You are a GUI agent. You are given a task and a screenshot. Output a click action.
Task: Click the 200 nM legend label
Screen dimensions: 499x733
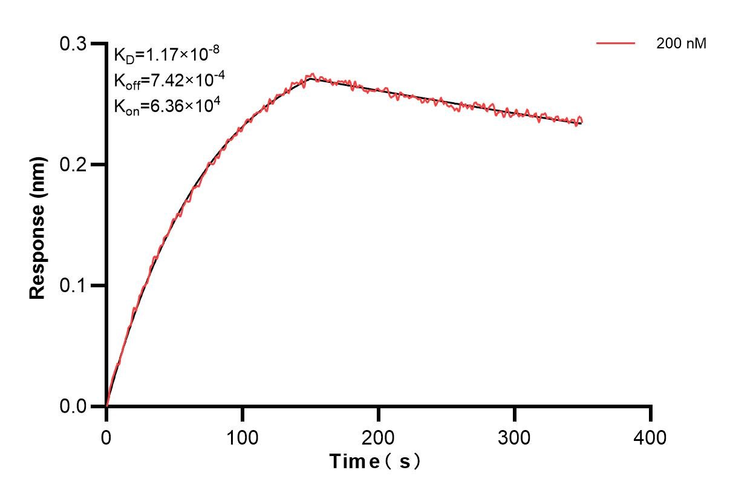[681, 44]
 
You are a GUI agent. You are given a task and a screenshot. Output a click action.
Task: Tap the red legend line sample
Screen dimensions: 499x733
[616, 44]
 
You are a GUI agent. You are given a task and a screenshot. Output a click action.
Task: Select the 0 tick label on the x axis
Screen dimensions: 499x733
[106, 437]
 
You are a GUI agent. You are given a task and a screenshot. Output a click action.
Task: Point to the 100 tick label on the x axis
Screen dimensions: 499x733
[243, 437]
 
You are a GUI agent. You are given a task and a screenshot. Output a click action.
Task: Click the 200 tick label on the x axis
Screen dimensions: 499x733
[379, 437]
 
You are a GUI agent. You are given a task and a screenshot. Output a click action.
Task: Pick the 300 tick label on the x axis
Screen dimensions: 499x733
[515, 437]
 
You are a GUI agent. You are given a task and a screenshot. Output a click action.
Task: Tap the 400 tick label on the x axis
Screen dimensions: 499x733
[651, 437]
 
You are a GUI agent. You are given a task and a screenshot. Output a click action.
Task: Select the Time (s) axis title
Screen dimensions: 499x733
[375, 462]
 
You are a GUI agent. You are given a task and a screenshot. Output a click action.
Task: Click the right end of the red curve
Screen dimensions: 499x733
[582, 122]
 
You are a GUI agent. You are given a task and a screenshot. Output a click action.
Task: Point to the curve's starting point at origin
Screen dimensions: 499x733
[106, 406]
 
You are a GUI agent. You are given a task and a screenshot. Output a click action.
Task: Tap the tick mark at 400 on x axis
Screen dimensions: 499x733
[651, 413]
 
